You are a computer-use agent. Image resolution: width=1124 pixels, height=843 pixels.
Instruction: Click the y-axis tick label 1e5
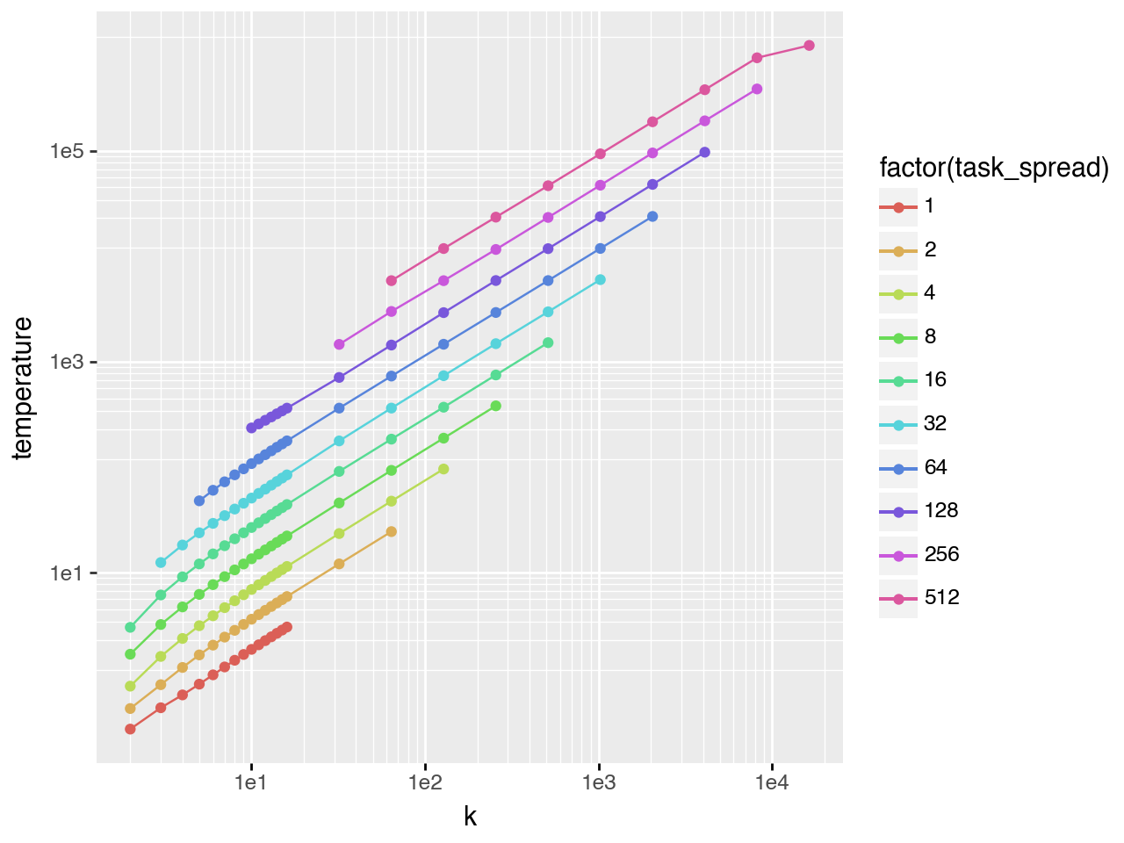coord(67,151)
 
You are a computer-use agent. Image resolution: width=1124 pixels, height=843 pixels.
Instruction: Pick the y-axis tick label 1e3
coord(67,362)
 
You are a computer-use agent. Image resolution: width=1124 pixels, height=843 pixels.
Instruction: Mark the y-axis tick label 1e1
coord(67,573)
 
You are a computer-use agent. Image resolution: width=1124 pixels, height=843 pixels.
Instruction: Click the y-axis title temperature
coord(23,387)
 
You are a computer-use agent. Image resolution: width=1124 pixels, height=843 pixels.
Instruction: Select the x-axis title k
coord(470,817)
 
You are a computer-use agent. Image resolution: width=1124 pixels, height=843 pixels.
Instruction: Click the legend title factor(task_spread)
coord(994,167)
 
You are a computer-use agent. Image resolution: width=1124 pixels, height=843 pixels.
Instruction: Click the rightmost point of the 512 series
coord(809,46)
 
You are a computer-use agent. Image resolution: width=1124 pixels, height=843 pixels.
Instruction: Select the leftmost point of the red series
coord(130,729)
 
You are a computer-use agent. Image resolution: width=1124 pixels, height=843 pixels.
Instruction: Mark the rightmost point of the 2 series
coord(391,531)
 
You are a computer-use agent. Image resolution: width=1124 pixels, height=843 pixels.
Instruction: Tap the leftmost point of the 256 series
coord(339,344)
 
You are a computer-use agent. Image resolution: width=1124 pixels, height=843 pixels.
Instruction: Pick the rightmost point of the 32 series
coord(600,279)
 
